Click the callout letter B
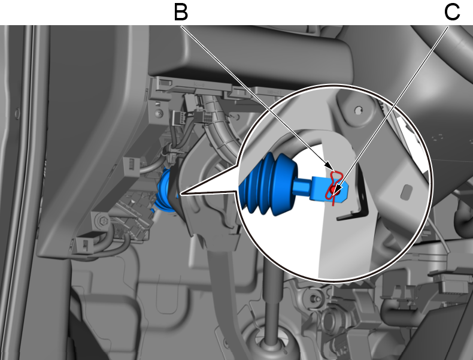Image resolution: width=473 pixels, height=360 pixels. (181, 12)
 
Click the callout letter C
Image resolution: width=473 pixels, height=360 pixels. (452, 12)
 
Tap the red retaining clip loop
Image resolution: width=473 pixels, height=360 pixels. (334, 184)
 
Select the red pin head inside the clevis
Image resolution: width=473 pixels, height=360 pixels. (334, 190)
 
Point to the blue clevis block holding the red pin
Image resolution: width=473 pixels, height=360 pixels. (329, 189)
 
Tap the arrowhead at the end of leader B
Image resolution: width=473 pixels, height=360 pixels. (330, 167)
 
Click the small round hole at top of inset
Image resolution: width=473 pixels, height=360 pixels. (359, 110)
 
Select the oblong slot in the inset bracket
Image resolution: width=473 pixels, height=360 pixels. (407, 192)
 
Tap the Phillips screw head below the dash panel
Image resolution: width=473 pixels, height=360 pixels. (159, 113)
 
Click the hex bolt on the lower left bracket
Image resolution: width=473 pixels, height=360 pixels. (102, 221)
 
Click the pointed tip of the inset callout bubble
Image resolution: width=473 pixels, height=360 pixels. (180, 193)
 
